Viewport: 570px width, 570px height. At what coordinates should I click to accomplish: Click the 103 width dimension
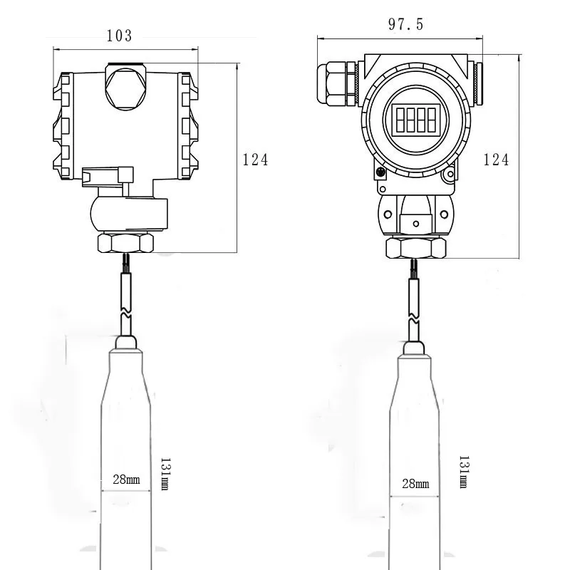point(119,36)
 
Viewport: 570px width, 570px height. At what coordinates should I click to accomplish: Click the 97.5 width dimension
point(405,24)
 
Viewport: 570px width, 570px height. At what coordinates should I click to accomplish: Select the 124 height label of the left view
point(255,160)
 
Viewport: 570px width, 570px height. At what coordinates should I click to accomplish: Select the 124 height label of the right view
point(496,160)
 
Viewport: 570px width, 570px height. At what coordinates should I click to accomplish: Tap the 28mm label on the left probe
point(126,480)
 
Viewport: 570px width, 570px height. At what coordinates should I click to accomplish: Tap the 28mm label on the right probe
point(415,484)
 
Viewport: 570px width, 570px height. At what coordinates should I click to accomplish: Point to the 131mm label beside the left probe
point(165,474)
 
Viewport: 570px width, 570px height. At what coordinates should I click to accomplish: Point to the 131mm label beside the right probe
point(464,472)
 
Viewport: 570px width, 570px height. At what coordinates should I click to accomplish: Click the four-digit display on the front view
point(416,120)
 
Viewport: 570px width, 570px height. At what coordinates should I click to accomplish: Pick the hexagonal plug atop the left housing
point(125,87)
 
